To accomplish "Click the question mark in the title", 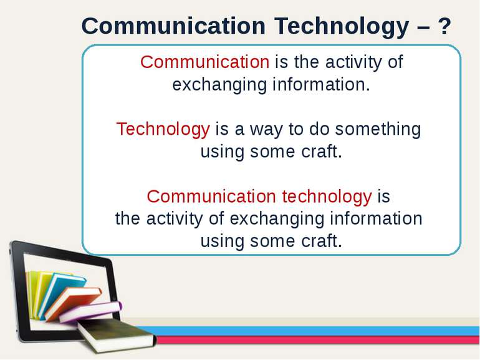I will pyautogui.click(x=443, y=26).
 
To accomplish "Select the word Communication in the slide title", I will pyautogui.click(x=173, y=26).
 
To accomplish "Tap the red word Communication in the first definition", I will pyautogui.click(x=204, y=62).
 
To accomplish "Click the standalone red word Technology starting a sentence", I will pyautogui.click(x=163, y=129).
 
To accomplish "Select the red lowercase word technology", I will pyautogui.click(x=326, y=197).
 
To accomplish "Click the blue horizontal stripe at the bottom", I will pyautogui.click(x=312, y=331).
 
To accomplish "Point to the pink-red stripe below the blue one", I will pyautogui.click(x=312, y=340).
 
